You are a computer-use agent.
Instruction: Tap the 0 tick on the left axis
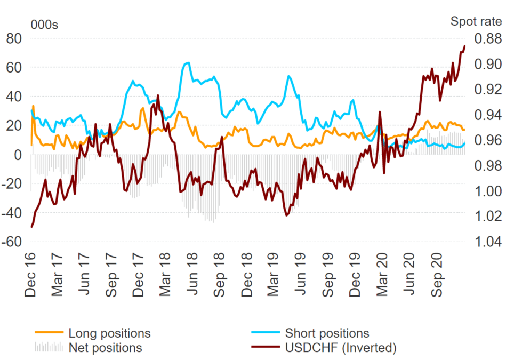[x=17, y=155]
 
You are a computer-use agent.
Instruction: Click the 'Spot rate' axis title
[x=476, y=21]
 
